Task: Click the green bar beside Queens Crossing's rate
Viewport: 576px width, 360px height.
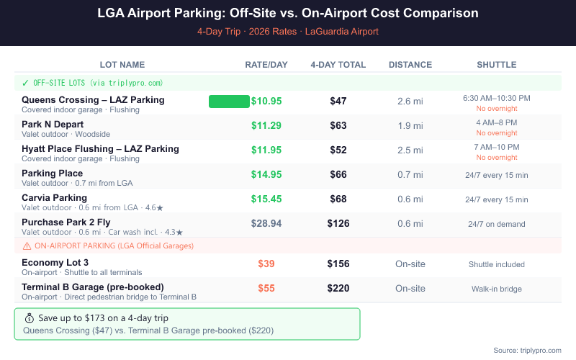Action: click(x=228, y=101)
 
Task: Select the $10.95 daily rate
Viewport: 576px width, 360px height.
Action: click(x=266, y=101)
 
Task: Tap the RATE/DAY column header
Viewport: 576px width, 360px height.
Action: click(x=266, y=65)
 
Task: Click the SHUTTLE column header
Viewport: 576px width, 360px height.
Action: click(x=496, y=65)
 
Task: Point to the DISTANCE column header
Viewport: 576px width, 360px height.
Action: click(x=410, y=65)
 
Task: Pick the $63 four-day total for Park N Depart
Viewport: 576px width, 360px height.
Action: click(x=338, y=125)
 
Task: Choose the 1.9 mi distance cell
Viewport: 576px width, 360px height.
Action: click(x=410, y=125)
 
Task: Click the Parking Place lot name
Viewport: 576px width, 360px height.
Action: click(x=53, y=174)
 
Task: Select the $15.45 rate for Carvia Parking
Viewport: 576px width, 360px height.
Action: click(x=266, y=199)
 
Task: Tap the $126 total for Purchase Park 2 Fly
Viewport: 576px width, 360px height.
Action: click(x=338, y=223)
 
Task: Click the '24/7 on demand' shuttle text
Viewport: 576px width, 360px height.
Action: click(x=496, y=224)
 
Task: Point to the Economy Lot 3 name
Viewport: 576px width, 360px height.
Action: click(x=55, y=263)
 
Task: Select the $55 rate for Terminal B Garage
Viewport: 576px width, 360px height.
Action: click(x=266, y=288)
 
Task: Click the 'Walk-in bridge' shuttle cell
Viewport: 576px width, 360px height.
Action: click(x=496, y=289)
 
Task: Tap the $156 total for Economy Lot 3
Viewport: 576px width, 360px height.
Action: click(x=338, y=264)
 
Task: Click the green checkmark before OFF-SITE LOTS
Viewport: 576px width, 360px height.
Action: click(x=26, y=83)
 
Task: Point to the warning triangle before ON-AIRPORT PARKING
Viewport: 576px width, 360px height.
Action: click(x=26, y=246)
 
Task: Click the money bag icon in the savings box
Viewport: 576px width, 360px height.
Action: click(x=30, y=318)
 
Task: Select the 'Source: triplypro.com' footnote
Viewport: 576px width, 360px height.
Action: click(x=527, y=350)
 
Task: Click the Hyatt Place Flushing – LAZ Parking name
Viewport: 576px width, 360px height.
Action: click(x=100, y=149)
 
